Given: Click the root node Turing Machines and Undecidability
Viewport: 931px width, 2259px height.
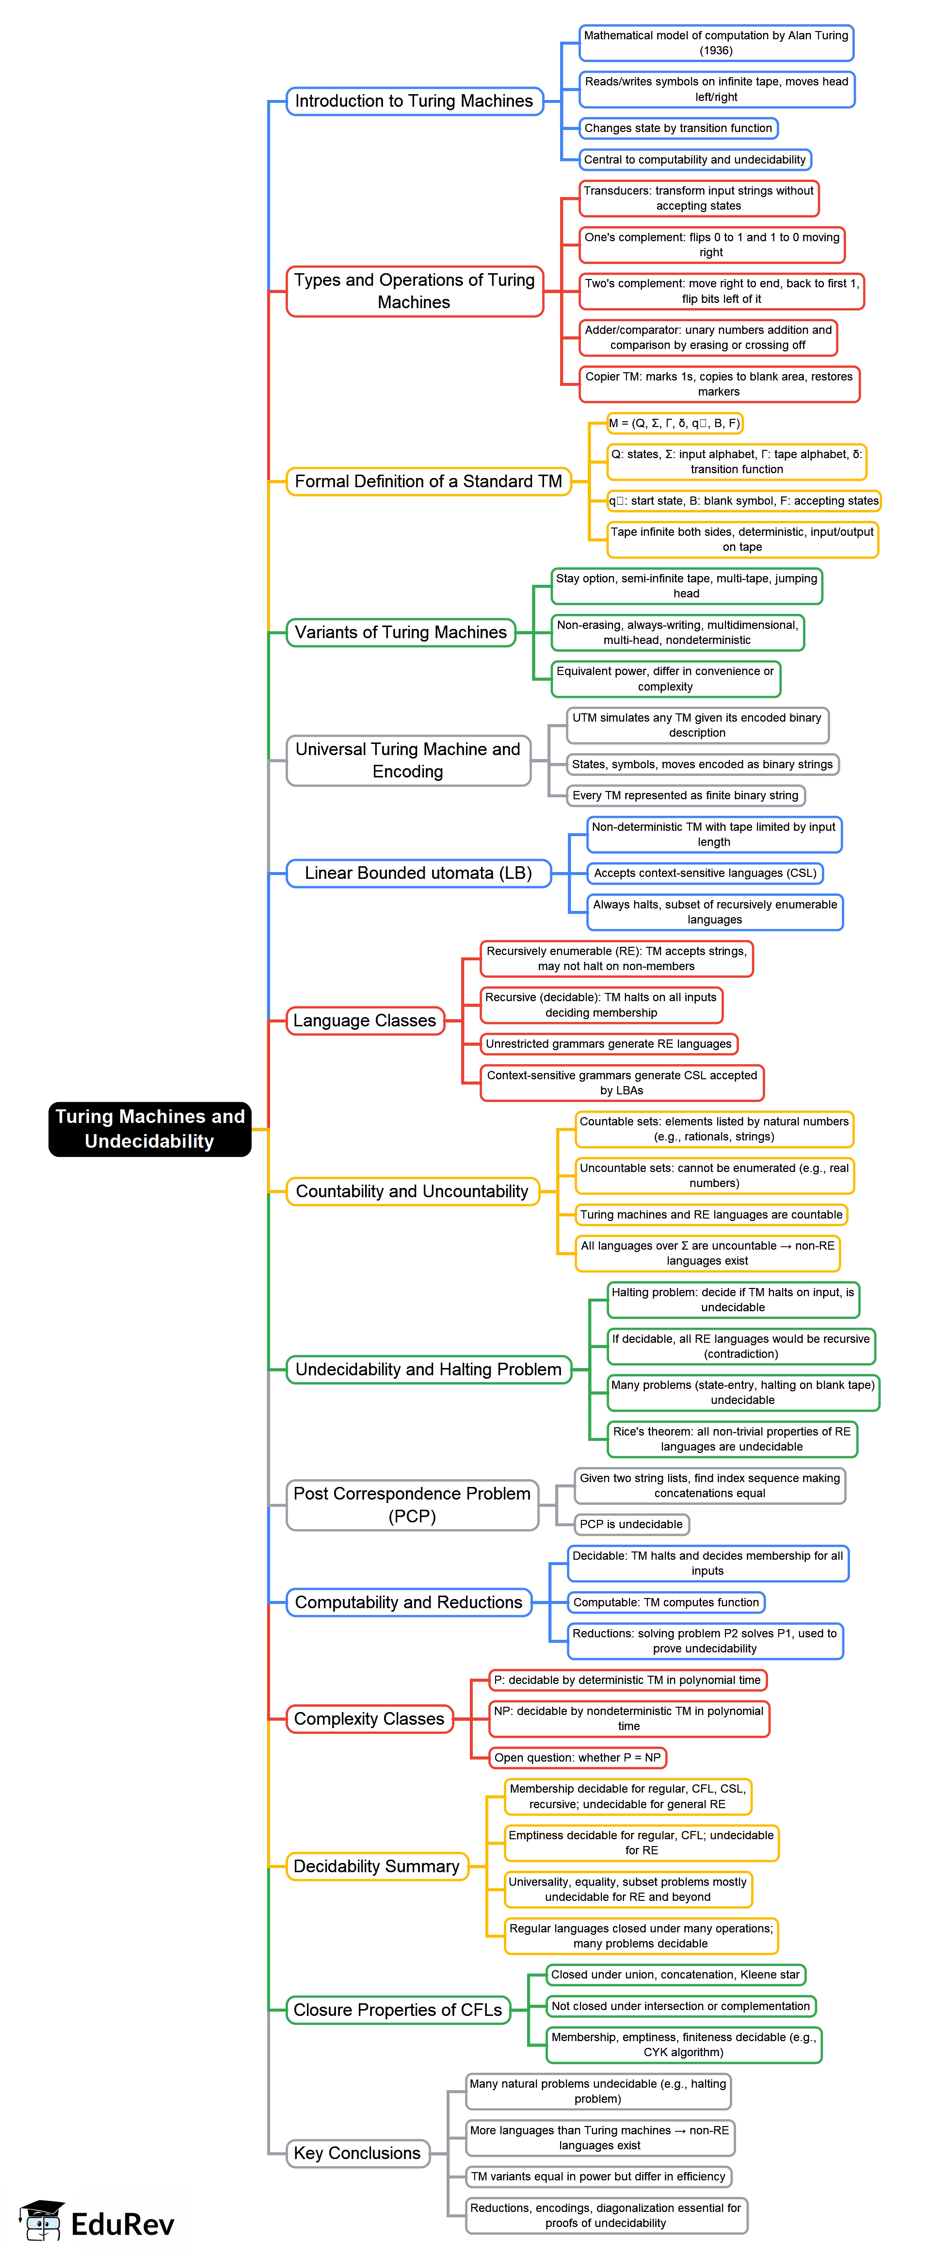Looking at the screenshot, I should point(150,1129).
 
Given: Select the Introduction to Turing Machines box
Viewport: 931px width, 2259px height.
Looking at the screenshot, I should point(414,101).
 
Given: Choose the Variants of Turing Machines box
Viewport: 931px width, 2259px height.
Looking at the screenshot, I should point(401,632).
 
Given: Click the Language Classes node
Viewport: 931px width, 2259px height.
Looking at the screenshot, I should point(365,1021).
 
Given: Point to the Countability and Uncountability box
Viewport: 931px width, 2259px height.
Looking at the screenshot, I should point(412,1191).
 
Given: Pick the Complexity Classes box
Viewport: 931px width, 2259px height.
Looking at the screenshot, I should point(369,1719).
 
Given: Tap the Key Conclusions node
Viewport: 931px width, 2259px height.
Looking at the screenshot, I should point(358,2153).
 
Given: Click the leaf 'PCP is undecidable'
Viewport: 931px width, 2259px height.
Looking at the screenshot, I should point(631,1524).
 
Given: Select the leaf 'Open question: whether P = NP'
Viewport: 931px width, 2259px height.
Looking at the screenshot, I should point(578,1757).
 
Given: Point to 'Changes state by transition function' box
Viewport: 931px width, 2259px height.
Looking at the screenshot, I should point(678,128).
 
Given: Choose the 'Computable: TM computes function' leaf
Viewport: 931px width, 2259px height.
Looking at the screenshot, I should point(666,1602).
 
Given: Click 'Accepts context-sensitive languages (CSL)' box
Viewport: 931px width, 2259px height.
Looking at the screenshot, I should point(706,873).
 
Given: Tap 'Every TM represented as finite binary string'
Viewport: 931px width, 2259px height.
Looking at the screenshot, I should point(686,795).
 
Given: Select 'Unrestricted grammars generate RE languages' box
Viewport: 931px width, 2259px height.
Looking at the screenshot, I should point(609,1043).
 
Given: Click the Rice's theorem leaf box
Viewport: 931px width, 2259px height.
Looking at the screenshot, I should point(732,1439).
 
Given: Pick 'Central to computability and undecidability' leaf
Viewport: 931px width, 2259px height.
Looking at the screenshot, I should point(695,160).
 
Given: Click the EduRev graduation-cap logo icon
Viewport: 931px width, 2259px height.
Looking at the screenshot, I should point(41,2220).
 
